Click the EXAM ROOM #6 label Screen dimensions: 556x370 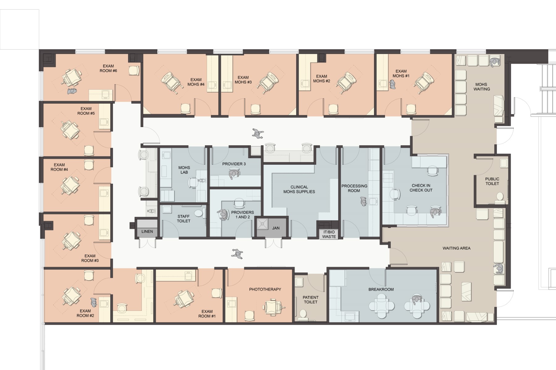[108, 68]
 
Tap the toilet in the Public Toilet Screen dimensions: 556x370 [500, 198]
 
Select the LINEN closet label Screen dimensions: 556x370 [147, 232]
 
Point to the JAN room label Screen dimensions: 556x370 [276, 228]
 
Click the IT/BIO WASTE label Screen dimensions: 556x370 [329, 234]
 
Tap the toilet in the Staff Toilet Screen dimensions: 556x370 [198, 213]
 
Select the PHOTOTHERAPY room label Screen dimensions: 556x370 [265, 289]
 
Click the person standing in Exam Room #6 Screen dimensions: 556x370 [72, 91]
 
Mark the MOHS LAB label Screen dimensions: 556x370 [184, 170]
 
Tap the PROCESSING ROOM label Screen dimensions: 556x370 [354, 188]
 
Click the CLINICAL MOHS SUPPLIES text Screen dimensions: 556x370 [299, 189]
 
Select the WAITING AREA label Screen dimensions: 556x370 [456, 248]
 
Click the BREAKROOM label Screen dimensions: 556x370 [381, 290]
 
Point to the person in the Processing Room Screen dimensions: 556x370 [364, 202]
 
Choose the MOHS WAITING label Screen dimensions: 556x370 [482, 87]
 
